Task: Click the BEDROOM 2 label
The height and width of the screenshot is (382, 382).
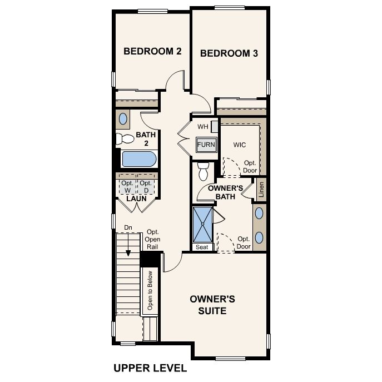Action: point(152,51)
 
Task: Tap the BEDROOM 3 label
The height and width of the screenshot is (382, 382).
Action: point(229,53)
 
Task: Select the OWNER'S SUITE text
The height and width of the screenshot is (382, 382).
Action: point(212,305)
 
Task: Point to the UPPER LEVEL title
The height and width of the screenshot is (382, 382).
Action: point(150,368)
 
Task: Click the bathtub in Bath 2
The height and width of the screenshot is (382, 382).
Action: point(139,159)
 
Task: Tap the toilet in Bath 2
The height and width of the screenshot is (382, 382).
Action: point(125,138)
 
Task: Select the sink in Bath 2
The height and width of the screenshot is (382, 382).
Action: point(123,118)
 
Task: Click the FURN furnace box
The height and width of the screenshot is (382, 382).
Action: point(206,145)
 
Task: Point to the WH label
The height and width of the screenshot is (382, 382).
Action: point(203,127)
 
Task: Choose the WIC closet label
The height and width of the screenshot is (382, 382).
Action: point(240,145)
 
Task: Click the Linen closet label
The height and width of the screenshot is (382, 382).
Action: point(261,190)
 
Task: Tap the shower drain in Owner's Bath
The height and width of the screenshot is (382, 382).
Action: point(202,224)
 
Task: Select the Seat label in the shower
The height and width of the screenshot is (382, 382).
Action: point(202,247)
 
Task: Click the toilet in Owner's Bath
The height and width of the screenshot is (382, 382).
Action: point(203,171)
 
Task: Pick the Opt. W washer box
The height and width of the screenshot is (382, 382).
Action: point(127,187)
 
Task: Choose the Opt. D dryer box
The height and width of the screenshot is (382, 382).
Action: point(146,187)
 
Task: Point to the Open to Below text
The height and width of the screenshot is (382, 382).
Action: point(150,291)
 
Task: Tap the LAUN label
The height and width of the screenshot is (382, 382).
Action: point(136,199)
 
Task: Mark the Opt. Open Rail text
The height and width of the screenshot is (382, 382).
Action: point(152,240)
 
